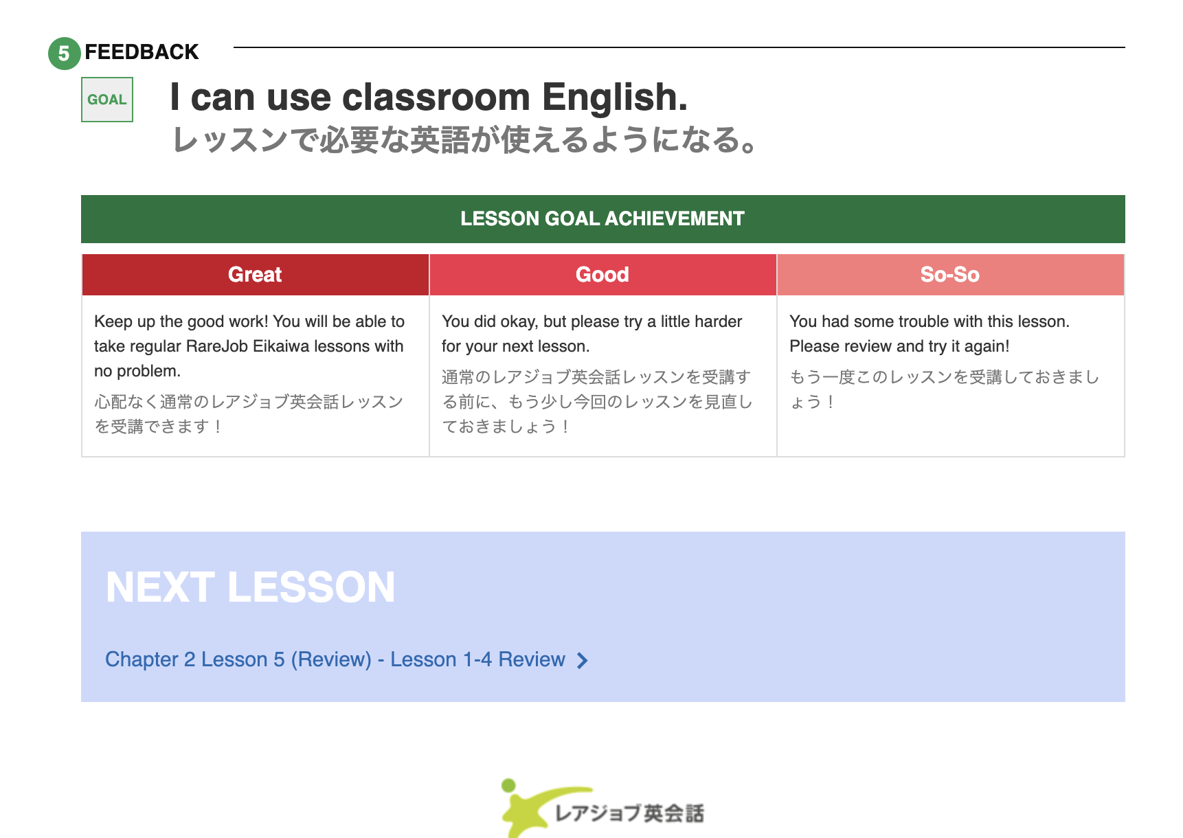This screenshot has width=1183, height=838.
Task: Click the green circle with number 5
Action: pyautogui.click(x=64, y=53)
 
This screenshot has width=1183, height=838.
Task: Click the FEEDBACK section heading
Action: pyautogui.click(x=142, y=52)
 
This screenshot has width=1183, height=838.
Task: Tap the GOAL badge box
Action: pyautogui.click(x=107, y=100)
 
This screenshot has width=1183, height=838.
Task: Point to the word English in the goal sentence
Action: pyautogui.click(x=614, y=97)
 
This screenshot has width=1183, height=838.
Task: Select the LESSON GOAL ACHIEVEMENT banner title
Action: pyautogui.click(x=602, y=218)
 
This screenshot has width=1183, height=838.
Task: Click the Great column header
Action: pyautogui.click(x=255, y=275)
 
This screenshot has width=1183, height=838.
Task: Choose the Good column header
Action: pyautogui.click(x=602, y=275)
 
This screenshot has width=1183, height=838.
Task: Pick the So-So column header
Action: pyautogui.click(x=950, y=275)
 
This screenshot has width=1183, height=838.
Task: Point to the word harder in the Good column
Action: pyautogui.click(x=714, y=321)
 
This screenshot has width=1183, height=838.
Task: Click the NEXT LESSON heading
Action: pyautogui.click(x=251, y=588)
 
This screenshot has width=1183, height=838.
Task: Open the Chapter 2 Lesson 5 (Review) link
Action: pyautogui.click(x=335, y=659)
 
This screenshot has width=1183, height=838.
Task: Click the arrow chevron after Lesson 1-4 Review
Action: pyautogui.click(x=583, y=661)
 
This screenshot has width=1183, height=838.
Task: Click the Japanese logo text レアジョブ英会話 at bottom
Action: pyautogui.click(x=629, y=814)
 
